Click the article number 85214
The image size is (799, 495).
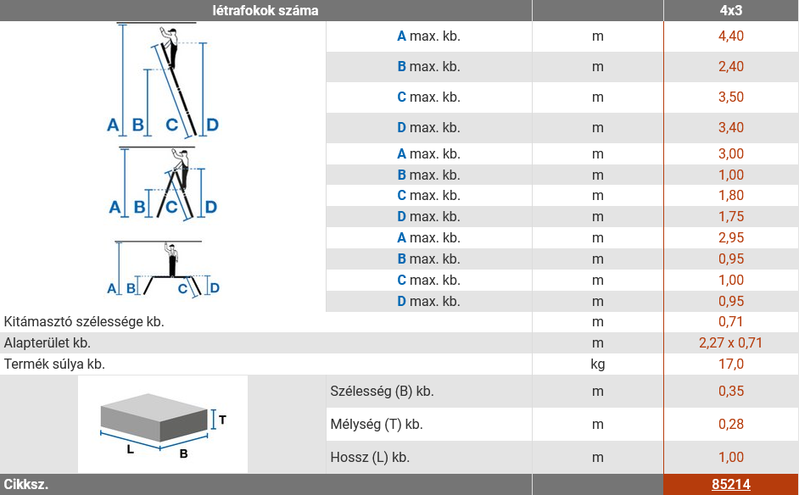point(730,484)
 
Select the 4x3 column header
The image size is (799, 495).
point(730,11)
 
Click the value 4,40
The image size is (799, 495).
point(730,36)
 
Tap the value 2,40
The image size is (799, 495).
point(730,67)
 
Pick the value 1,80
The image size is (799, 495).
point(730,196)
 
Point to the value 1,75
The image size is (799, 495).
point(730,216)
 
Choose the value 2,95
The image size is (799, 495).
point(730,238)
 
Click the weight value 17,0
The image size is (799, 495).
point(730,364)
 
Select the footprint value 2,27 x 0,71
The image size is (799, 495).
point(730,342)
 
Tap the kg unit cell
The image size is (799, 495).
point(598,364)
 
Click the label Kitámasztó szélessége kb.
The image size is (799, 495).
point(84,322)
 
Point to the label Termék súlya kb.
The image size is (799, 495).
point(54,364)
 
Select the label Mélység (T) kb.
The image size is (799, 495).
point(377,424)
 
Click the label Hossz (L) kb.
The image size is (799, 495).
point(370,458)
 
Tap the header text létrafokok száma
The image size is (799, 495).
point(265,11)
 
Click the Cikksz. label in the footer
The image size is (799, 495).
point(26,484)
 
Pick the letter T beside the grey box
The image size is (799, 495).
point(223,420)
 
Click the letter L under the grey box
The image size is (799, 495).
point(131,450)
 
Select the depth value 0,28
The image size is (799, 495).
point(730,424)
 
